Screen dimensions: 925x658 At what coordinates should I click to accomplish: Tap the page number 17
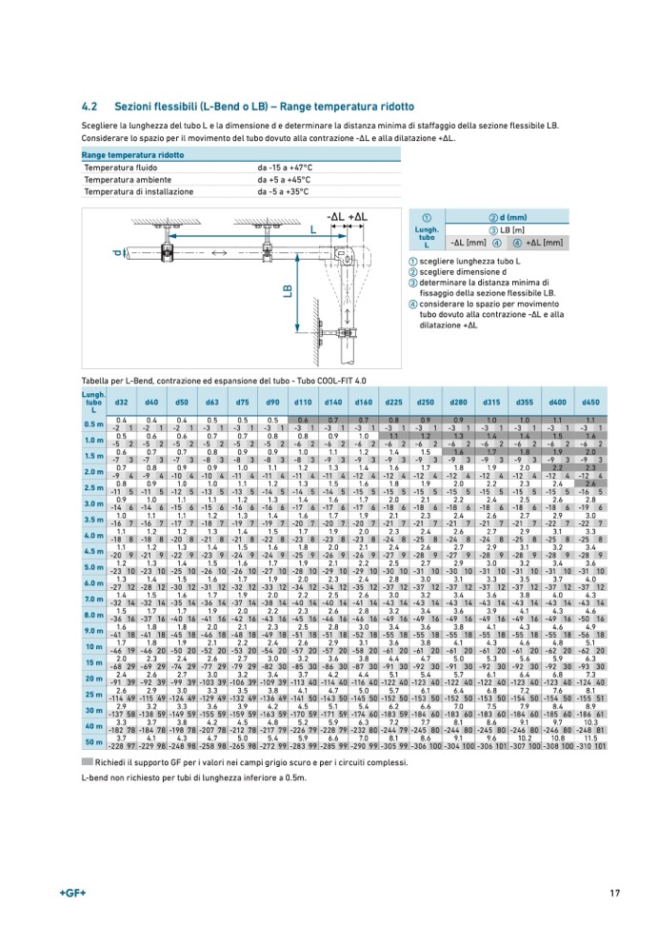[x=616, y=892]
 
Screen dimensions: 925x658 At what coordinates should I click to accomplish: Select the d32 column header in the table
[x=121, y=403]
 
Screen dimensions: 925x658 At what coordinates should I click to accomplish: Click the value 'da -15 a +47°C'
[x=285, y=167]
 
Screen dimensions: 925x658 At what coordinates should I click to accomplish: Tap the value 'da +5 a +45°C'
[x=284, y=179]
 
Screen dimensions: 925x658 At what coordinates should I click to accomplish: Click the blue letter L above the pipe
[x=312, y=230]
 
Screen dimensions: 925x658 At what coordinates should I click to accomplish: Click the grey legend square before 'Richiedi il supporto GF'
[x=88, y=762]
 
